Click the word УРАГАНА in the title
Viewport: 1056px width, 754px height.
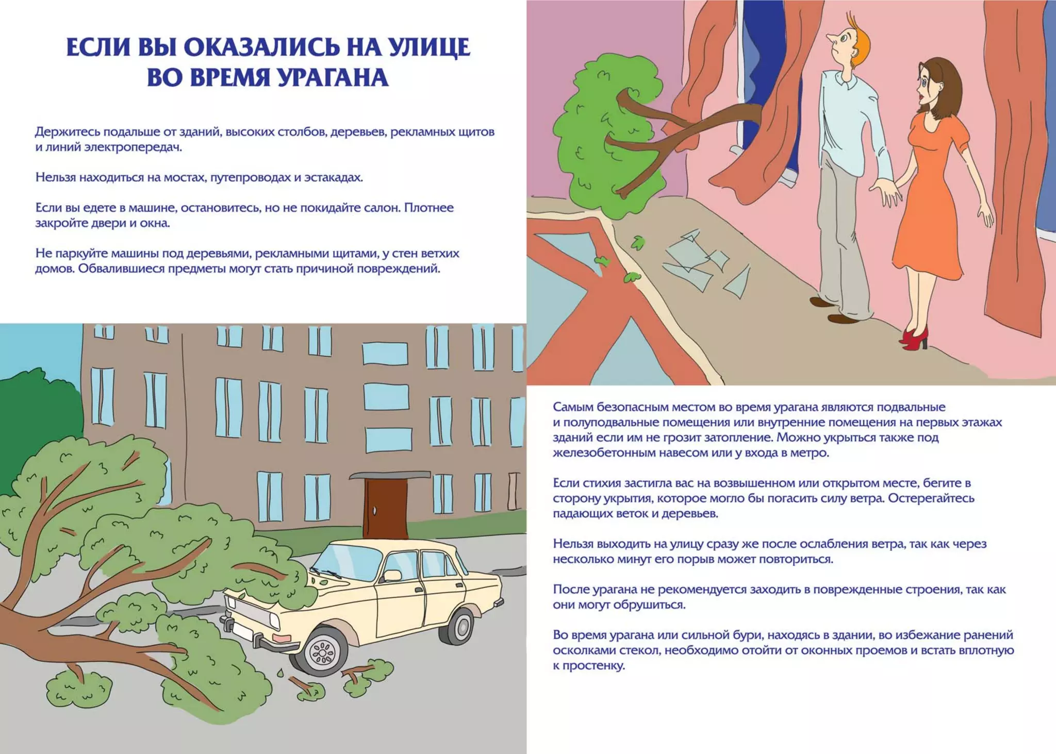[x=333, y=78]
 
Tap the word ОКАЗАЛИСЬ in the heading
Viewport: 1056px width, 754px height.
[x=261, y=47]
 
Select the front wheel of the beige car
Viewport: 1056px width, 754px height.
[x=323, y=652]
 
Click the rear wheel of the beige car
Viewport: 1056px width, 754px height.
[x=458, y=626]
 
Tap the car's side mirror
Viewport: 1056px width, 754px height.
[x=392, y=576]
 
